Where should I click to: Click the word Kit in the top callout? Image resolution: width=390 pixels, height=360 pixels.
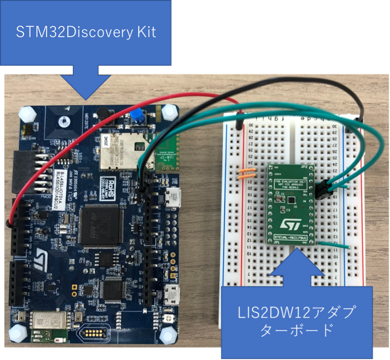pyautogui.click(x=144, y=32)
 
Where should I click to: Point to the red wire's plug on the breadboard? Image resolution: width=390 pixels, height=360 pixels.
pyautogui.click(x=239, y=120)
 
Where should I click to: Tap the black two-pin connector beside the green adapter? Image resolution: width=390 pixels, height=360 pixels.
pyautogui.click(x=323, y=190)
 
